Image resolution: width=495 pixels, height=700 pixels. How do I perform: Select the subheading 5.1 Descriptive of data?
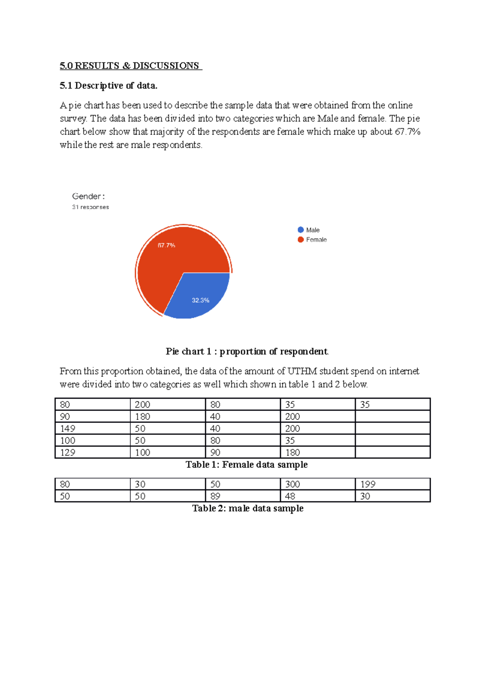108,86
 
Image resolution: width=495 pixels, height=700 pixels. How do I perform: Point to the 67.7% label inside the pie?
167,245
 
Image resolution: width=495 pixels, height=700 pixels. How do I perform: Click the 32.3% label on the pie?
200,301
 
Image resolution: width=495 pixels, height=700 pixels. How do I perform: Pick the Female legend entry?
312,240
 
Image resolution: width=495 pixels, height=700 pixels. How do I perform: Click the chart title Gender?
88,197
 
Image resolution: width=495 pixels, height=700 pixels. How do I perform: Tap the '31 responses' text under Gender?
91,207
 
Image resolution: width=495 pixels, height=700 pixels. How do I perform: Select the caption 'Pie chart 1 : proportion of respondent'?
247,352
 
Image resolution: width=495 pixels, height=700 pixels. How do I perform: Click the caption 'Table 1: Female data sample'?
247,465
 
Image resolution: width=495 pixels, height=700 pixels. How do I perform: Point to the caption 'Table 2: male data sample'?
247,509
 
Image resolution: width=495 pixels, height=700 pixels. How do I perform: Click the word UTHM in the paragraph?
302,371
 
